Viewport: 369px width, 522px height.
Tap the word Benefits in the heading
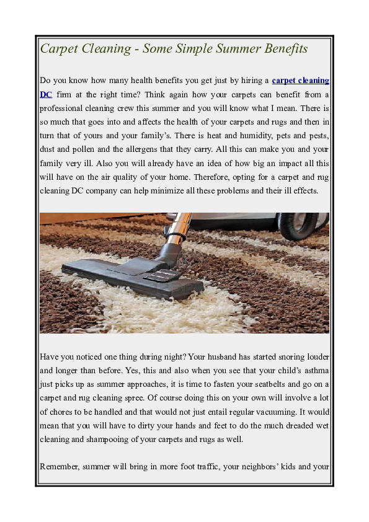[x=282, y=49]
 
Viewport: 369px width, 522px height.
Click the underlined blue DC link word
[x=45, y=94]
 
